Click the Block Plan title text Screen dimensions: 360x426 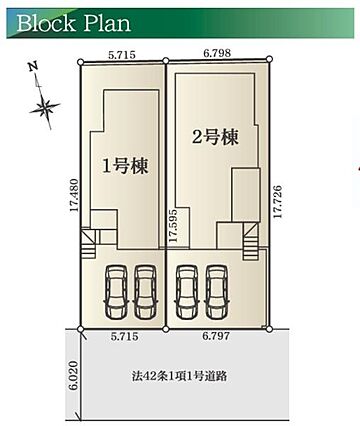[73, 23]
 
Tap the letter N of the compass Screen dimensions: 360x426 [32, 67]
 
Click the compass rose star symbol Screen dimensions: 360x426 [44, 107]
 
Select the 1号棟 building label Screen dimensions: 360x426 [125, 166]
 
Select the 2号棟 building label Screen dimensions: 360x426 [216, 137]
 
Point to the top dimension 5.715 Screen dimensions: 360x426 [122, 55]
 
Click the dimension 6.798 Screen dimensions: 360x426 [217, 53]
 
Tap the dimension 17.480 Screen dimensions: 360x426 [74, 195]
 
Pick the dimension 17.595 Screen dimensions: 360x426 [173, 226]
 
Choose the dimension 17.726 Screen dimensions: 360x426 [277, 201]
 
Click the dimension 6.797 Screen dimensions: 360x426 [216, 336]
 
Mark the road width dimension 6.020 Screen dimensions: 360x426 [74, 375]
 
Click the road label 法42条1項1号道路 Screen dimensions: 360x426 [179, 376]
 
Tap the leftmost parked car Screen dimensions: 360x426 [116, 292]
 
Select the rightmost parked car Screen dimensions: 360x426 [217, 292]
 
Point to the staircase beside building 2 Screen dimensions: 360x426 [250, 241]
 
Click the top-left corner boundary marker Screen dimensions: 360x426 [80, 62]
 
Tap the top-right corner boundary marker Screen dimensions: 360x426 [270, 59]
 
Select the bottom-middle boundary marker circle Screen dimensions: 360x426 [166, 329]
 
